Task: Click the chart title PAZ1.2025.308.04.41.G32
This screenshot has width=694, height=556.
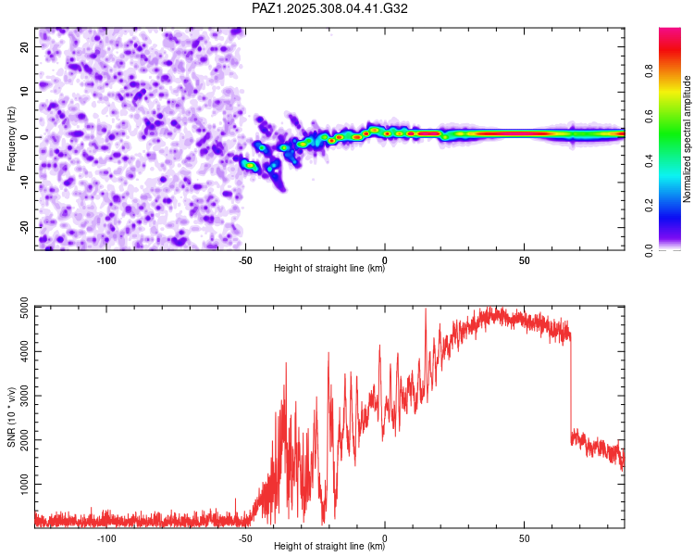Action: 329,8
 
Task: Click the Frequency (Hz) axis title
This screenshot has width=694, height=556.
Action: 11,139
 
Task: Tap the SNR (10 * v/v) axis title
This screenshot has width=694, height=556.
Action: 11,417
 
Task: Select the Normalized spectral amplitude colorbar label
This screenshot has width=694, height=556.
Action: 687,139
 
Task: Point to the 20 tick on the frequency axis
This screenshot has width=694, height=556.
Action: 24,47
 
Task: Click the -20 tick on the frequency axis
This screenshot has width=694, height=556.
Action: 24,227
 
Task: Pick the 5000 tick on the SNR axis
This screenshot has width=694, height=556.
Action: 24,308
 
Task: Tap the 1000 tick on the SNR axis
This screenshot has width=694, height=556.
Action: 24,484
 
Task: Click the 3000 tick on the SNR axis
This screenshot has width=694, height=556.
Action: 24,396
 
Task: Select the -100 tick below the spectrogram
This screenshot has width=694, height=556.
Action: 106,260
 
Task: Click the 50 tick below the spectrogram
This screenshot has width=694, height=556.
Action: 524,260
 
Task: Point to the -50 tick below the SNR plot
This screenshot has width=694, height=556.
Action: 245,538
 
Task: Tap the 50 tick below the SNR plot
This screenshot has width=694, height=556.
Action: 524,538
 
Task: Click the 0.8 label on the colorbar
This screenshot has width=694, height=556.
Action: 649,70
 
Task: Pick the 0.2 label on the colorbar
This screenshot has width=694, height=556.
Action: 649,205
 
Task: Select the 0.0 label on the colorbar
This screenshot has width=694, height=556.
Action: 649,250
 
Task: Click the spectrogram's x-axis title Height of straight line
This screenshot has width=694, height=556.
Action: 329,268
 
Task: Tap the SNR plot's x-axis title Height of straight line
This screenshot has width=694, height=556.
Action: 329,546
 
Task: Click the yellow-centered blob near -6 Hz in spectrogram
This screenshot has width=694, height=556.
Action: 250,165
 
